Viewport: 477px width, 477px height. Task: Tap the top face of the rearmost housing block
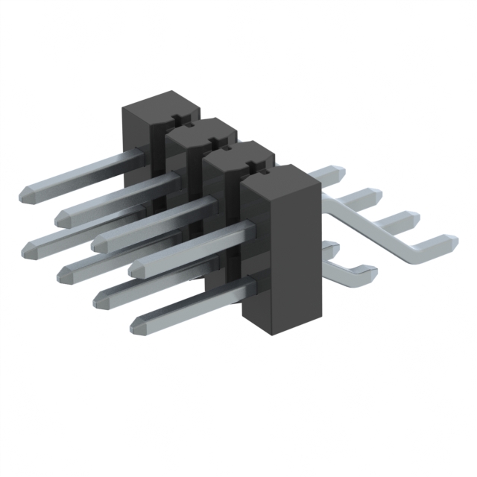click(159, 104)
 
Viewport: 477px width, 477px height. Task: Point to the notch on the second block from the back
click(216, 142)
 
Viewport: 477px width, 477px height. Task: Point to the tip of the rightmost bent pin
click(445, 242)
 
